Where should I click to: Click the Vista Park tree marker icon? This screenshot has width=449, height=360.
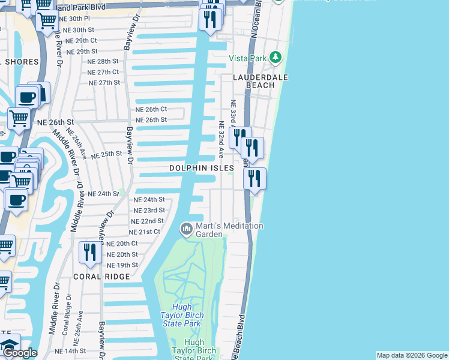coord(276,58)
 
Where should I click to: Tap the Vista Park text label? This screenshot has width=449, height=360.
coord(247,58)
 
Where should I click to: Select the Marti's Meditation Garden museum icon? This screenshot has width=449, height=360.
coord(186,229)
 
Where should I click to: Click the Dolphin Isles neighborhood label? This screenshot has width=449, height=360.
coord(201,169)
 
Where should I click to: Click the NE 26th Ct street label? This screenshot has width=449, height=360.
coord(151,109)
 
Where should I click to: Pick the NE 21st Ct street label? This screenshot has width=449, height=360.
coord(145,232)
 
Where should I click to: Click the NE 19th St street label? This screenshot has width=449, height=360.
coord(122,265)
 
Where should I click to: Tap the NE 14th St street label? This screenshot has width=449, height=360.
coord(70,351)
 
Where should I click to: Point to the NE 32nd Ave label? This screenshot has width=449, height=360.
coord(221,140)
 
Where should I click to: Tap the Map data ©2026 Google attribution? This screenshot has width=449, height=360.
coord(412,355)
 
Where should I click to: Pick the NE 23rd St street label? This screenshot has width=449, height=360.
coord(149,211)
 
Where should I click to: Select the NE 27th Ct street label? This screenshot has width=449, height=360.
coord(103,72)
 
